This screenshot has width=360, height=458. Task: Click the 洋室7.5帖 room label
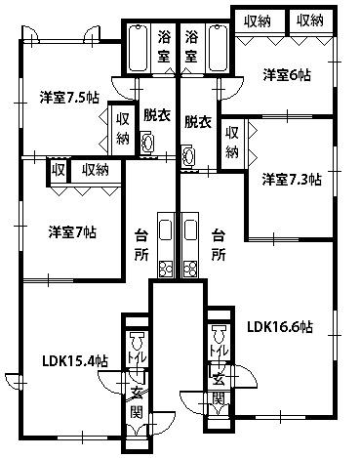pyautogui.click(x=69, y=97)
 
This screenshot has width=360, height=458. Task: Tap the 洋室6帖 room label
pyautogui.click(x=287, y=75)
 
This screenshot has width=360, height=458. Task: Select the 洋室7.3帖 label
pyautogui.click(x=292, y=180)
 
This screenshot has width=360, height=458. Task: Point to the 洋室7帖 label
pyautogui.click(x=72, y=232)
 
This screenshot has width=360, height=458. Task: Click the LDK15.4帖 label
pyautogui.click(x=75, y=361)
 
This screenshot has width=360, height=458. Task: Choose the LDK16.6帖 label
pyautogui.click(x=280, y=327)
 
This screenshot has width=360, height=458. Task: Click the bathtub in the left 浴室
pyautogui.click(x=138, y=49)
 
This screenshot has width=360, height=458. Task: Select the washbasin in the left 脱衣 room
pyautogui.click(x=147, y=143)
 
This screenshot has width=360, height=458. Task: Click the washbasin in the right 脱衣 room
pyautogui.click(x=188, y=157)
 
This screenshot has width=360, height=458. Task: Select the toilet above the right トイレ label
pyautogui.click(x=220, y=335)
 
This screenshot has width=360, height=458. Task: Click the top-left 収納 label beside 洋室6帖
pyautogui.click(x=258, y=21)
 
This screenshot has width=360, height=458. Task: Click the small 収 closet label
pyautogui.click(x=59, y=170)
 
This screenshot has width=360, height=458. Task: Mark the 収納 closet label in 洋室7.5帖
pyautogui.click(x=123, y=129)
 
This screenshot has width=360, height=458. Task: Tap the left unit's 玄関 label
pyautogui.click(x=137, y=402)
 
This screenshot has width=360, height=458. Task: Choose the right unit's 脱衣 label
pyautogui.click(x=198, y=122)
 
